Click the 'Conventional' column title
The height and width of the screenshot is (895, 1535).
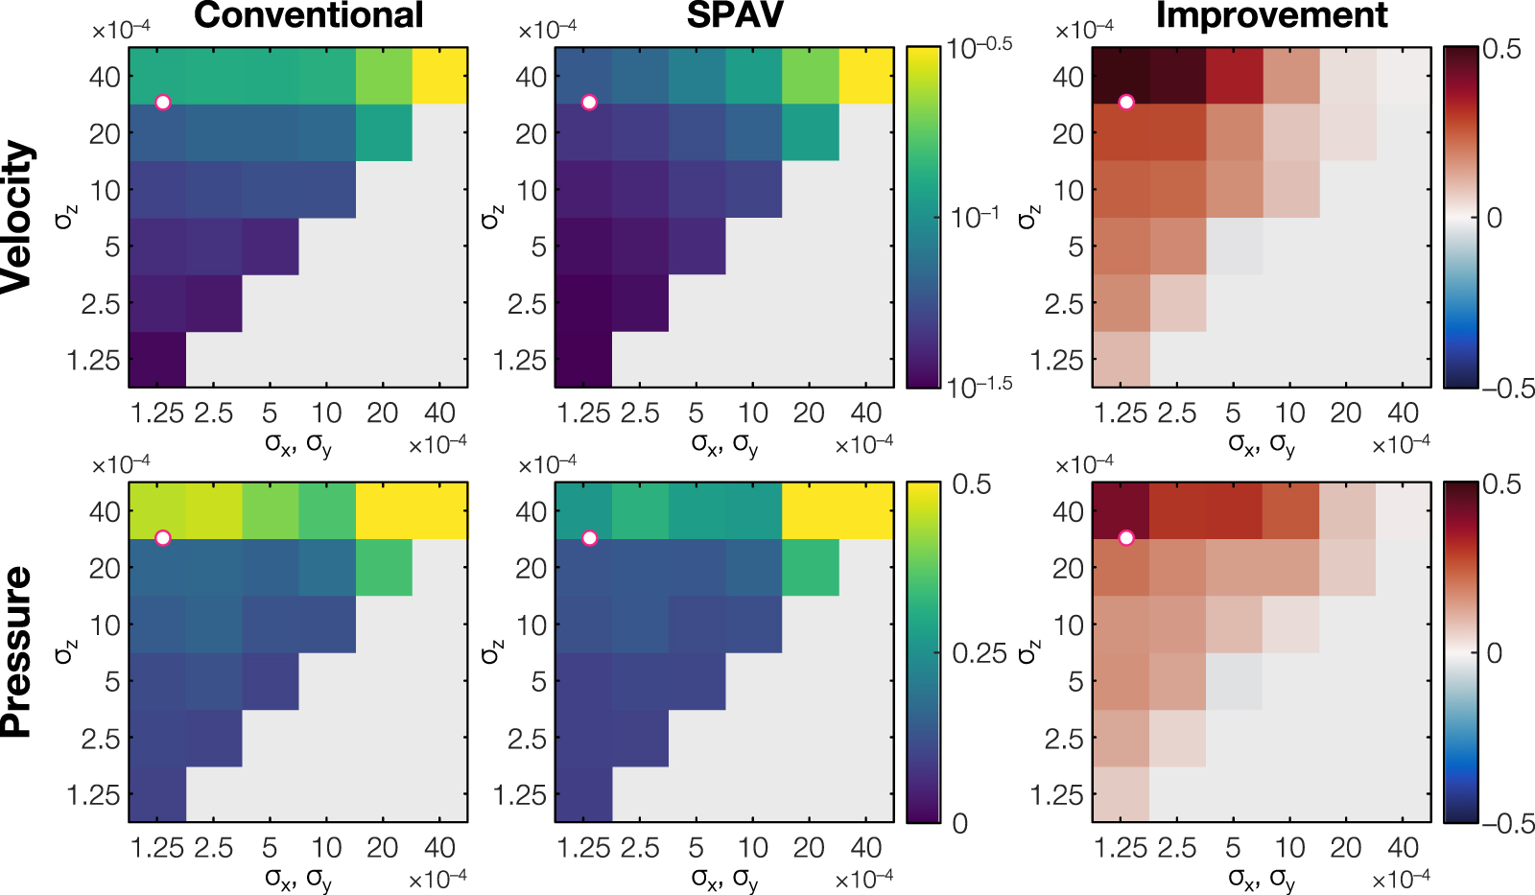[x=308, y=16]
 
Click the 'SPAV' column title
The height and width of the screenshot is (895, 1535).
[x=735, y=16]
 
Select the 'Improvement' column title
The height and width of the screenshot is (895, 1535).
[x=1271, y=16]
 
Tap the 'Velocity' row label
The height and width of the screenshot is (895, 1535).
[x=18, y=216]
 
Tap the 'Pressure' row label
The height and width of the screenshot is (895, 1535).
[x=18, y=651]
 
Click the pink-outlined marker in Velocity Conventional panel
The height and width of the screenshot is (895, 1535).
[x=163, y=103]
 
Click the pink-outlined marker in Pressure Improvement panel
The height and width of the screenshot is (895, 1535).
[x=1126, y=538]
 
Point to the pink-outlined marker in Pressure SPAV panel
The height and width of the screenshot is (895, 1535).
[x=589, y=538]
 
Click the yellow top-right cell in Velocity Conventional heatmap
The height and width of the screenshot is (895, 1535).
[x=439, y=76]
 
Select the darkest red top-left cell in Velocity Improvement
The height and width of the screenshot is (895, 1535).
[x=1121, y=76]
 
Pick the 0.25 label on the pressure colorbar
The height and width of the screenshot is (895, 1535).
[x=979, y=653]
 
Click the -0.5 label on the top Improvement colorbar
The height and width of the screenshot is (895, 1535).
[x=1508, y=389]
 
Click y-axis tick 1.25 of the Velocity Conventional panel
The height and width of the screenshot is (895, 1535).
[x=94, y=361]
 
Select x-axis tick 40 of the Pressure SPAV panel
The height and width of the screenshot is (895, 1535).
[x=865, y=847]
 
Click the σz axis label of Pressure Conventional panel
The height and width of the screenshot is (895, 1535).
[x=64, y=652]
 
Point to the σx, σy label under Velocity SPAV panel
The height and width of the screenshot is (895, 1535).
[x=724, y=444]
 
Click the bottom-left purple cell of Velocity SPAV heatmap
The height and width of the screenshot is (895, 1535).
[x=583, y=360]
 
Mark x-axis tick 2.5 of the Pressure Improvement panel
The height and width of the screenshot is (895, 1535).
[x=1176, y=847]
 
